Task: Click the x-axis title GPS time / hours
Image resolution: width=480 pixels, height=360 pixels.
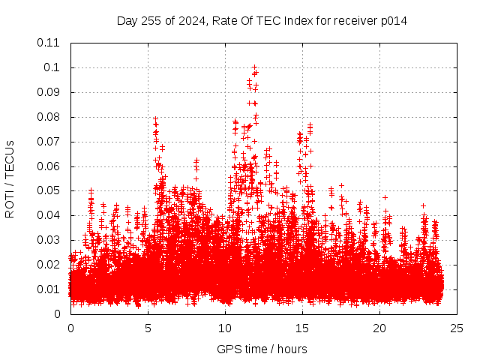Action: point(262,349)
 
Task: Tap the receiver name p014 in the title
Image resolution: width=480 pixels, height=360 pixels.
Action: point(392,20)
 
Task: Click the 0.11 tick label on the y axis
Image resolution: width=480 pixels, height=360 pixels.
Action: point(49,43)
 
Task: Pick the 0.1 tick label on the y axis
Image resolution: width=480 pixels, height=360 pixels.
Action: point(52,67)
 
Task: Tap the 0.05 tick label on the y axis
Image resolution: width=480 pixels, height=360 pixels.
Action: point(49,190)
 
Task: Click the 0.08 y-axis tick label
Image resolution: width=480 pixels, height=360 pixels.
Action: point(49,117)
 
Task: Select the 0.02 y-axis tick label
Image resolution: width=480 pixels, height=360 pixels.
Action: point(49,265)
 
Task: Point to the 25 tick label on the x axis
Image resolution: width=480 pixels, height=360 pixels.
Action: point(457,328)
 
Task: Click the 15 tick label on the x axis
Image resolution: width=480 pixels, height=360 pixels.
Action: point(302,328)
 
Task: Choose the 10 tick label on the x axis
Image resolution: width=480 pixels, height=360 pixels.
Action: point(225,328)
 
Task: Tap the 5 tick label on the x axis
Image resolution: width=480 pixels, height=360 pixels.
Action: point(148,328)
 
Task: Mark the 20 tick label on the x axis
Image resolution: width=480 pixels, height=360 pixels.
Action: point(379,328)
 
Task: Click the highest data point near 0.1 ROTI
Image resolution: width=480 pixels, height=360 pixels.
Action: point(254,67)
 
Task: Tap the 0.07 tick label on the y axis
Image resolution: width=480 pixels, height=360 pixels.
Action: point(49,141)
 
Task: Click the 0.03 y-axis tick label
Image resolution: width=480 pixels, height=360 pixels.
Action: point(49,240)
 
